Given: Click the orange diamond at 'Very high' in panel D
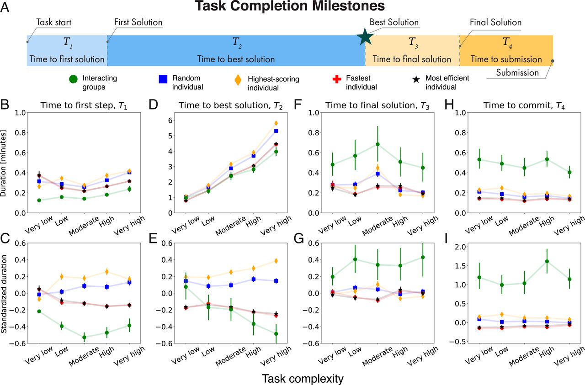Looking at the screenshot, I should [276, 123].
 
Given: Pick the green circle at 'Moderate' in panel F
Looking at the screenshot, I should [378, 144].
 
